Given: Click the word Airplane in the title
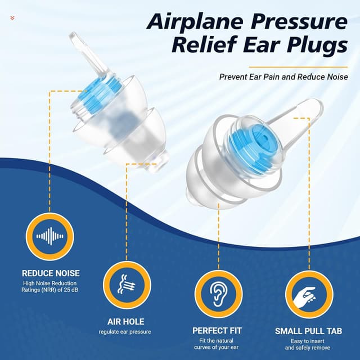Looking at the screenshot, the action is (195, 22).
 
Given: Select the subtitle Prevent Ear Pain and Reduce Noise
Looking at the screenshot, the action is (283, 76).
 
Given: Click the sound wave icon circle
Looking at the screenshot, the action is (50, 236).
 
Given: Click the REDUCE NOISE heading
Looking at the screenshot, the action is (51, 273).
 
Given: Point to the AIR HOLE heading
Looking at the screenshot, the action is (126, 322).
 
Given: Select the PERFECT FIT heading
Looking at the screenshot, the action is (217, 331).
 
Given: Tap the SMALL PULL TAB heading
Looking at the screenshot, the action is (308, 331).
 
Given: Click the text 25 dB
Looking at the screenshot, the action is (71, 290).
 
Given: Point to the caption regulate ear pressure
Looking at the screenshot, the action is (125, 332).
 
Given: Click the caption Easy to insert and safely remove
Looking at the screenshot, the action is (308, 344).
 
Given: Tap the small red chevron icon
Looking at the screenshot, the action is (12, 17).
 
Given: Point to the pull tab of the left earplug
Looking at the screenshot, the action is (88, 53).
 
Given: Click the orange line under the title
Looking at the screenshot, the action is (299, 67).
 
